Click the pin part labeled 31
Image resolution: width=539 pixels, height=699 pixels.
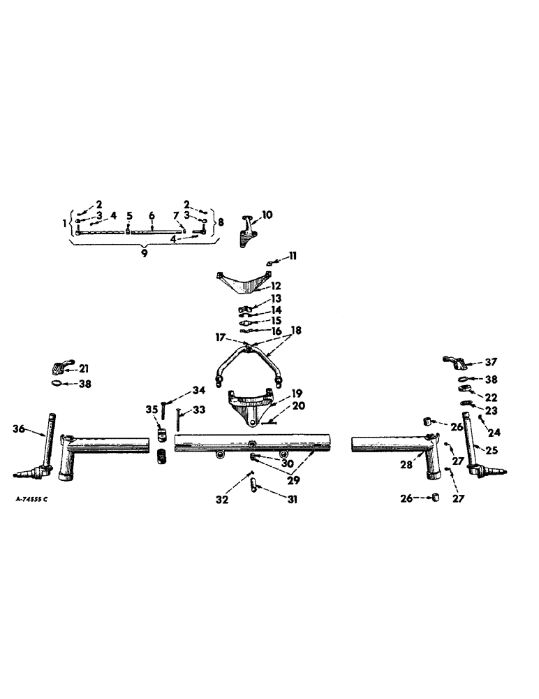(x=256, y=486)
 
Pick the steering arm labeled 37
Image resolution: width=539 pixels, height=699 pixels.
(x=455, y=363)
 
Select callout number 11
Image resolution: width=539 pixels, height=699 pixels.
(x=293, y=257)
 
